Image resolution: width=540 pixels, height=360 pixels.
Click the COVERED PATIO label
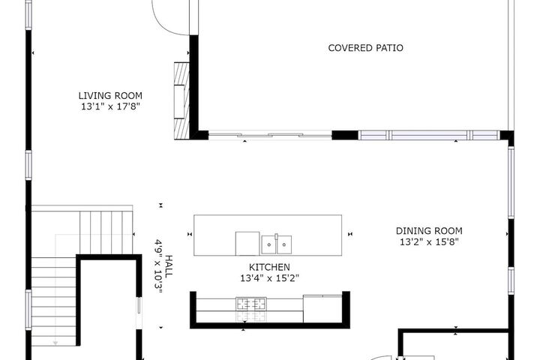tap(365, 48)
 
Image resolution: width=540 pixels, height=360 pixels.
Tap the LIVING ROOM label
tap(110, 95)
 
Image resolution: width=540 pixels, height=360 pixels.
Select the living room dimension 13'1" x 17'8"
tap(110, 106)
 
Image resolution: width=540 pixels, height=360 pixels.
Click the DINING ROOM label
tap(429, 231)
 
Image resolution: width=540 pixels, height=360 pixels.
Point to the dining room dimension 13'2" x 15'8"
tap(429, 242)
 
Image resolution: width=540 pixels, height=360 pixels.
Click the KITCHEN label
tap(269, 267)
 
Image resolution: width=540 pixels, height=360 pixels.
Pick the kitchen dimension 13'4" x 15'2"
tap(269, 278)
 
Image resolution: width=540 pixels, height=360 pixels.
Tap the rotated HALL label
tap(169, 267)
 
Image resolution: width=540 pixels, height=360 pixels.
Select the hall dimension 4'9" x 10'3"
tap(158, 266)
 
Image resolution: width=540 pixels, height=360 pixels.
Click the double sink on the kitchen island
tap(277, 244)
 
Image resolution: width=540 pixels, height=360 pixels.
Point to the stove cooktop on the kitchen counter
tap(251, 304)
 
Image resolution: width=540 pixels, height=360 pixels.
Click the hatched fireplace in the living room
tap(181, 100)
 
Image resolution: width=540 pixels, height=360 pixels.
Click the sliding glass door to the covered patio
tap(270, 135)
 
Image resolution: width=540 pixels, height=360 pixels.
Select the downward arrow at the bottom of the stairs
tap(55, 343)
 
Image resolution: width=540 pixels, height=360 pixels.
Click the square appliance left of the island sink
tap(247, 244)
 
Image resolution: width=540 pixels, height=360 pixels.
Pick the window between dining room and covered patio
tap(429, 135)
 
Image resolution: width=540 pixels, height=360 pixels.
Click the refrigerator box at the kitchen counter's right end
tap(322, 308)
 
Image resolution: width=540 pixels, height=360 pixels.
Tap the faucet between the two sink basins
tap(276, 237)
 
